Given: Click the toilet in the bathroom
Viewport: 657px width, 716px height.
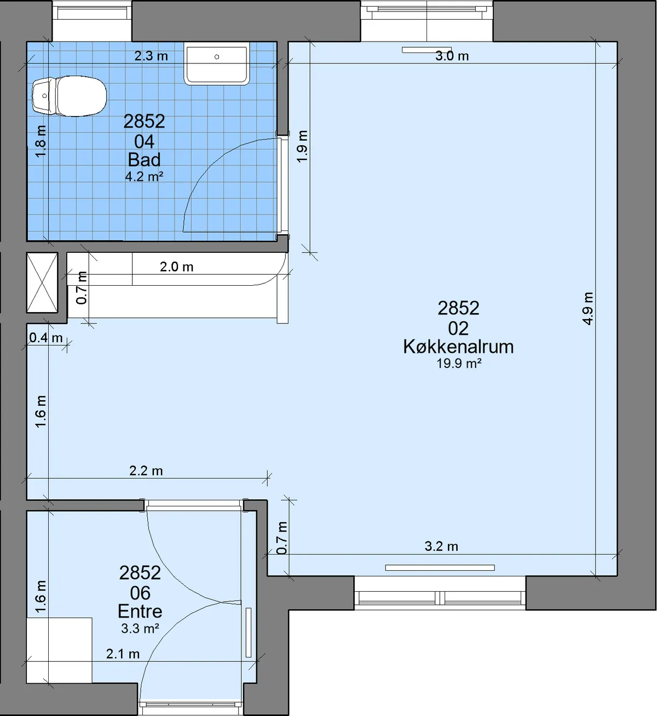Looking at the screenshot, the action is click(x=70, y=96).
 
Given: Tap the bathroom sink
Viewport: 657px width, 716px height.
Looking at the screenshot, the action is click(x=216, y=63).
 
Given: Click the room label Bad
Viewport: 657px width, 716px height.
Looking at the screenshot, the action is click(x=144, y=159).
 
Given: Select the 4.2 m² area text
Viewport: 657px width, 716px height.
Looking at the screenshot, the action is click(x=144, y=176).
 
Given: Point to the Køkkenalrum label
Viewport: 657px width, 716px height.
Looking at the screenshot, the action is click(x=458, y=347).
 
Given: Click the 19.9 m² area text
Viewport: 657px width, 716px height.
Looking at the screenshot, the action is click(x=459, y=363).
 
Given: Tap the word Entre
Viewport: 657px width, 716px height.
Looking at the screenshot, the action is click(x=140, y=611).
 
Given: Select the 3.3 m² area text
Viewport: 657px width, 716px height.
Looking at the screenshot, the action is click(x=140, y=628).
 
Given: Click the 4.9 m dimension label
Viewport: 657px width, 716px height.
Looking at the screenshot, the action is click(x=587, y=308).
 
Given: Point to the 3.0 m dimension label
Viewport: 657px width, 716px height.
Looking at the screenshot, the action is click(x=452, y=56).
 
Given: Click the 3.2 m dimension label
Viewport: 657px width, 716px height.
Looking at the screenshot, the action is click(x=441, y=546).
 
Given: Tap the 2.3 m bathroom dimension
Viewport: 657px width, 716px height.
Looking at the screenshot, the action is click(x=151, y=56).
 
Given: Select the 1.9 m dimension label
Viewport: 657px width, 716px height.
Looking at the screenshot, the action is click(x=302, y=146).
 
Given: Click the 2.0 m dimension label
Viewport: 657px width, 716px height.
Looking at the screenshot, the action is click(x=176, y=267).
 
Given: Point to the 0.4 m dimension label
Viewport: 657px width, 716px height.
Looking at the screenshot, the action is click(x=45, y=337).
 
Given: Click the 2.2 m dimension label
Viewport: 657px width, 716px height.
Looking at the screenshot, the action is click(x=146, y=471).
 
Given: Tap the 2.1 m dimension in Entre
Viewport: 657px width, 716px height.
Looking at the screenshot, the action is click(x=123, y=654).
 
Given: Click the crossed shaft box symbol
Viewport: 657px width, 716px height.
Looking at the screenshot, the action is click(x=42, y=282).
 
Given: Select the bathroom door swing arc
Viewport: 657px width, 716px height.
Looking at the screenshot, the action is click(x=228, y=171).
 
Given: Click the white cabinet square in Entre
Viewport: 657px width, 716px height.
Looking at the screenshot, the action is click(x=59, y=650).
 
